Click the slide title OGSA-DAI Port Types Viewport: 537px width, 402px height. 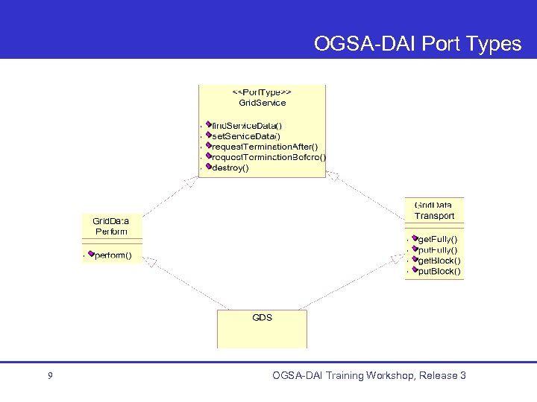click(417, 44)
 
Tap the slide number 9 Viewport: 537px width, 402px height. click(49, 376)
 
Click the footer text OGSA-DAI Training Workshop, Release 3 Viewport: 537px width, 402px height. click(369, 375)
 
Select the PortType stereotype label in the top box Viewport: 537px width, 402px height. click(261, 91)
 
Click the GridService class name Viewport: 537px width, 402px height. click(261, 102)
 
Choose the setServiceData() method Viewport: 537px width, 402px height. click(246, 136)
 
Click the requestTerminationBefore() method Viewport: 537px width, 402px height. click(268, 157)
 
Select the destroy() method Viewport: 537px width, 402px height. click(230, 167)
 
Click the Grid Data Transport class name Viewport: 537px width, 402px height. click(434, 210)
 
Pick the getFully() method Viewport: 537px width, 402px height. click(438, 239)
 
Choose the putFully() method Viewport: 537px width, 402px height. click(438, 250)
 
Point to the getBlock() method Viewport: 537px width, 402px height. click(439, 261)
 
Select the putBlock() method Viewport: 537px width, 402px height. click(439, 272)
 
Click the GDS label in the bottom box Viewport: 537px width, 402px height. click(262, 317)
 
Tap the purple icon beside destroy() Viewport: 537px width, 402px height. click(210, 167)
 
